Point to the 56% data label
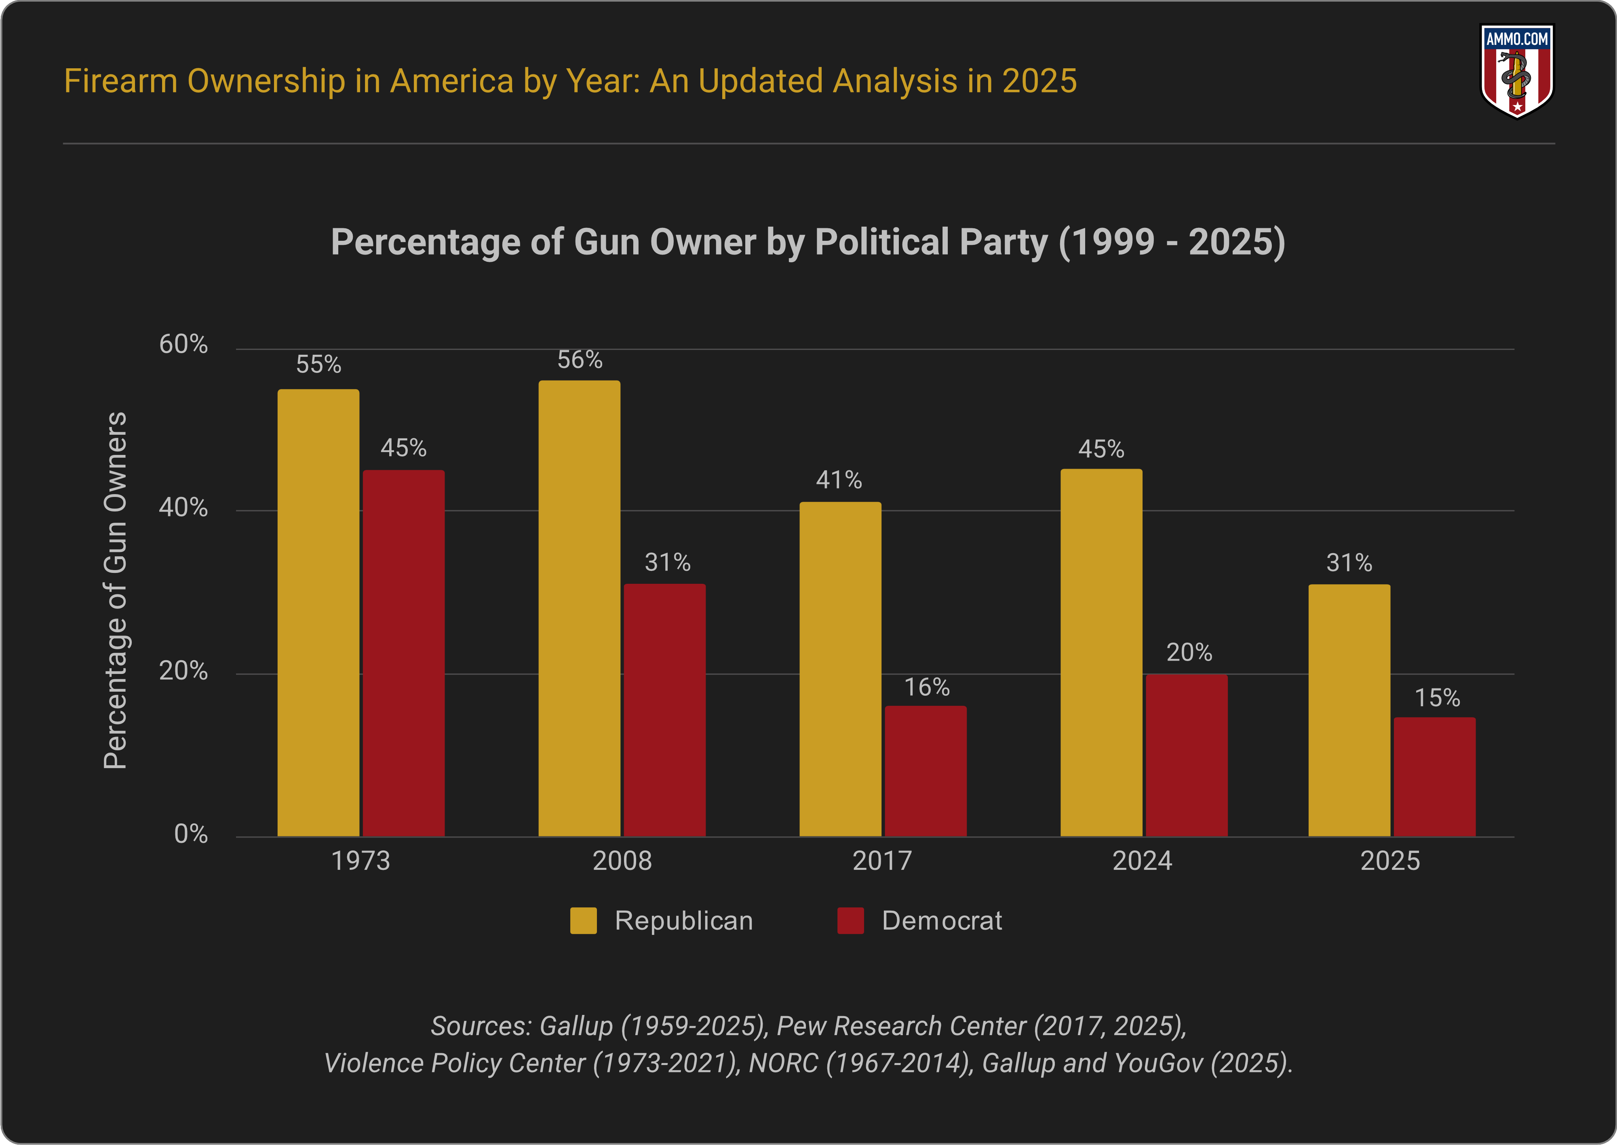(x=580, y=360)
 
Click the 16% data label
(x=927, y=687)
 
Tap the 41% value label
(x=839, y=480)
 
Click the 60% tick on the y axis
(x=183, y=344)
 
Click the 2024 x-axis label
(x=1142, y=861)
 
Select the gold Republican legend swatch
(x=583, y=921)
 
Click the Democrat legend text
(x=941, y=921)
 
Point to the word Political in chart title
(x=881, y=242)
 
